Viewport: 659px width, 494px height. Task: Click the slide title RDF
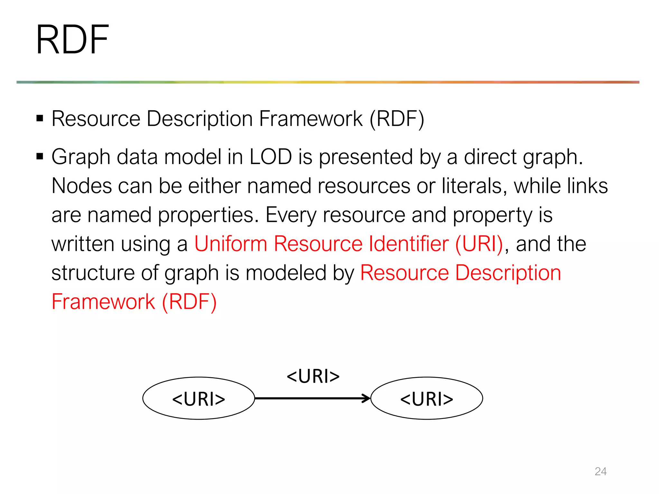coord(72,40)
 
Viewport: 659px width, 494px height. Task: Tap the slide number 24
coord(600,471)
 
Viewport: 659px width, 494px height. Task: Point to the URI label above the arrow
coord(313,376)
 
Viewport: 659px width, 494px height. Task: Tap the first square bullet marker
coord(40,118)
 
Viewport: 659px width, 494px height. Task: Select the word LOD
coord(271,157)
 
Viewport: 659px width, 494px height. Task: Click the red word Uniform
coord(230,244)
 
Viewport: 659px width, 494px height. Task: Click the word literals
coord(472,186)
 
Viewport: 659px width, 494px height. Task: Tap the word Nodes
coord(81,186)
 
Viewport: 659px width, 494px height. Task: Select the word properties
coord(208,215)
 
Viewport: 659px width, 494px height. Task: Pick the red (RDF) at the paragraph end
coord(189,302)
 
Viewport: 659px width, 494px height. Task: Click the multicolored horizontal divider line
coord(328,82)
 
